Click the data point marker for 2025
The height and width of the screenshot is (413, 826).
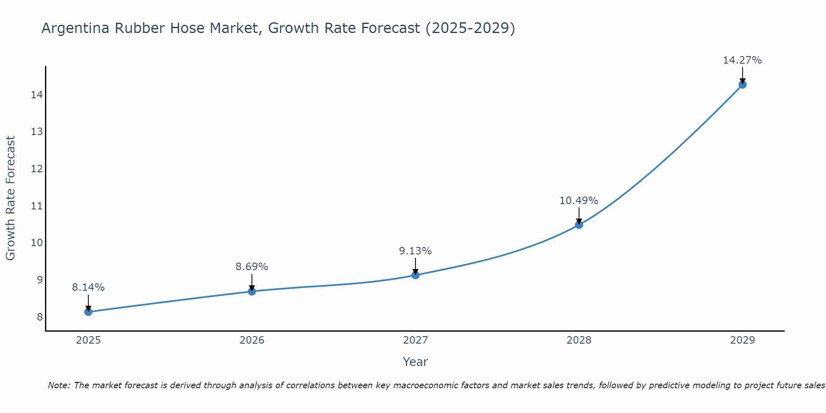click(x=88, y=312)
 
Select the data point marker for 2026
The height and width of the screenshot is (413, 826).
click(x=252, y=292)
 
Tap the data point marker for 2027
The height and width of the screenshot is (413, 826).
click(x=415, y=275)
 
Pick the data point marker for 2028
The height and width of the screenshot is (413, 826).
click(x=579, y=225)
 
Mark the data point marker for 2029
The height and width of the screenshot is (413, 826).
click(x=742, y=85)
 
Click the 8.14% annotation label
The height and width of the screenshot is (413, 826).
click(x=88, y=287)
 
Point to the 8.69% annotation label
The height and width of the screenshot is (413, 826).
click(x=252, y=267)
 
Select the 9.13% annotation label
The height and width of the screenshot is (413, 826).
click(x=415, y=251)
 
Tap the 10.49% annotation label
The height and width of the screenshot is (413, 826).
click(x=579, y=201)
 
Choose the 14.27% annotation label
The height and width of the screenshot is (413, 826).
click(x=742, y=60)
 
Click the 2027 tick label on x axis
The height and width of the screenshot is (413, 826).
click(x=415, y=340)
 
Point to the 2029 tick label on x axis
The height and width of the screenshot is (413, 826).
click(x=742, y=340)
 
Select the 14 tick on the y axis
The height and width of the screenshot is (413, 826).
click(x=37, y=95)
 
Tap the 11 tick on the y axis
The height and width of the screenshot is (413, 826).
click(x=37, y=206)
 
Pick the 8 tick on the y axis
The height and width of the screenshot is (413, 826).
click(x=40, y=317)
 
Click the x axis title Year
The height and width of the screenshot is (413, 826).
click(x=415, y=362)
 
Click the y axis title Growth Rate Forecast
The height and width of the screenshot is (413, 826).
click(x=10, y=198)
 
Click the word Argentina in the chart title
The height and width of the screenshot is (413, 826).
click(x=76, y=28)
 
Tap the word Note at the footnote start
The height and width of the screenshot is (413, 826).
click(x=59, y=385)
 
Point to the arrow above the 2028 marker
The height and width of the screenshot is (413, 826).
click(x=579, y=216)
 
